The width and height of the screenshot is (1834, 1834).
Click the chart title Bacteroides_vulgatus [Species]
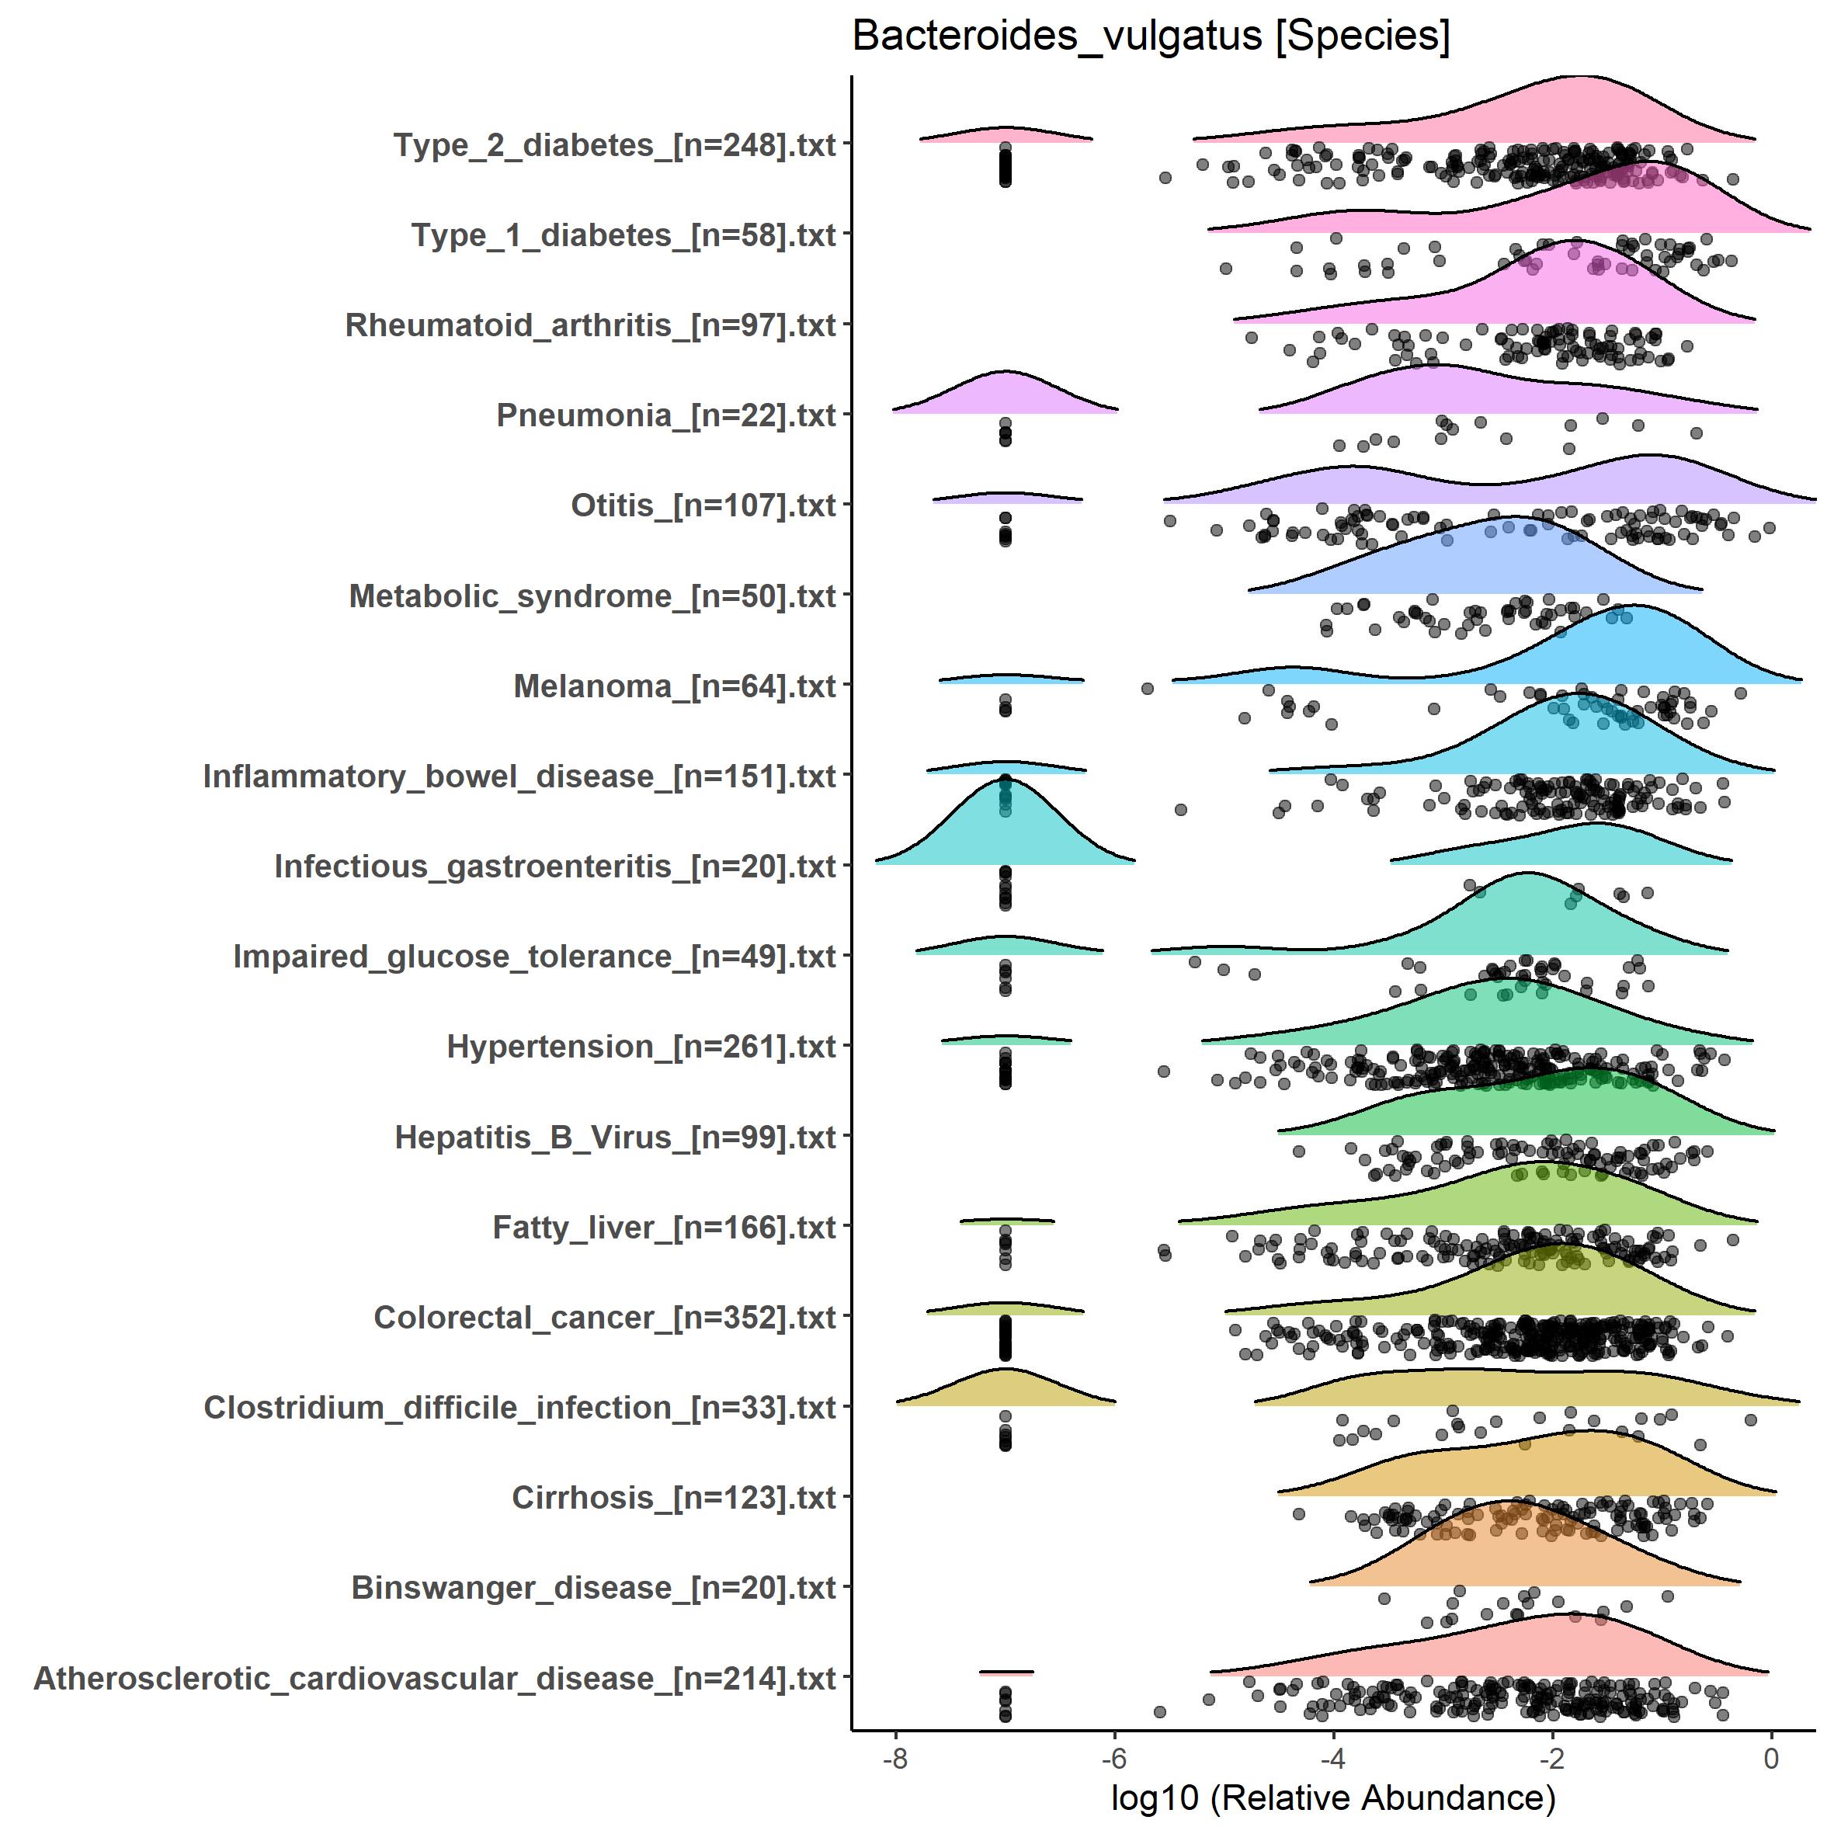pyautogui.click(x=1151, y=37)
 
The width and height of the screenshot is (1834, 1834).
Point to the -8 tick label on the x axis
pyautogui.click(x=894, y=1758)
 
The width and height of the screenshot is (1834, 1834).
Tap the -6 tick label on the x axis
pyautogui.click(x=1113, y=1758)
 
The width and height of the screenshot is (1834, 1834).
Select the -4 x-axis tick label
pyautogui.click(x=1332, y=1758)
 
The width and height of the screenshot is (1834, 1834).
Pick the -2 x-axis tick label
pyautogui.click(x=1551, y=1758)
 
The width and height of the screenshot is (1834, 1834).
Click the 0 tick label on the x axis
pyautogui.click(x=1770, y=1758)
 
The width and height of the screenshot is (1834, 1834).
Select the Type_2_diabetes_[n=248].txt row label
pyautogui.click(x=614, y=145)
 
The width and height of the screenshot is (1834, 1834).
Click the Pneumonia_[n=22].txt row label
pyautogui.click(x=665, y=415)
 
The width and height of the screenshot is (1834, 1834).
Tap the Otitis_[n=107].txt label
pyautogui.click(x=703, y=506)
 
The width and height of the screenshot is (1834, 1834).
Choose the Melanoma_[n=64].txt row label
pyautogui.click(x=674, y=686)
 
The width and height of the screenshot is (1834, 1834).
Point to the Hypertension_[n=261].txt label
pyautogui.click(x=641, y=1047)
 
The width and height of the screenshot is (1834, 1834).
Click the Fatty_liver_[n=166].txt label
pyautogui.click(x=664, y=1228)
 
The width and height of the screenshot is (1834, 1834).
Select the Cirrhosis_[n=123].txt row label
pyautogui.click(x=673, y=1498)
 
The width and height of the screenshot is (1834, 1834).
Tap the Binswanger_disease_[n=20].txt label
pyautogui.click(x=593, y=1588)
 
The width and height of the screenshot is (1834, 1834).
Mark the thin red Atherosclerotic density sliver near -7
pyautogui.click(x=1006, y=1672)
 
